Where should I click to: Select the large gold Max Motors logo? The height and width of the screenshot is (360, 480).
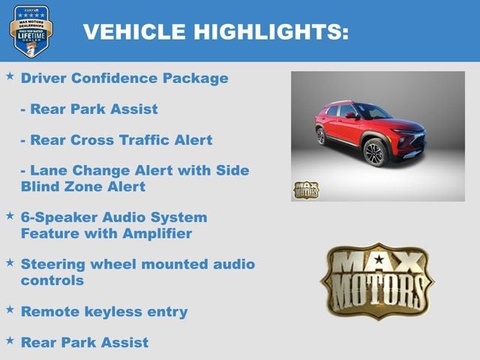point(377,280)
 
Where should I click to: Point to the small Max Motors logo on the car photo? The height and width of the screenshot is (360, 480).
point(305,189)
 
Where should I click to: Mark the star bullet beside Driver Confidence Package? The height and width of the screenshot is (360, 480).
point(10,76)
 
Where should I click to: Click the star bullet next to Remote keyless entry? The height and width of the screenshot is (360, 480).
point(10,309)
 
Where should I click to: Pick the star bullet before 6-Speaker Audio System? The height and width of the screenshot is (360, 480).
point(10,215)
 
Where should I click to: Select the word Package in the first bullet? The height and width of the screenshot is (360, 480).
point(196,78)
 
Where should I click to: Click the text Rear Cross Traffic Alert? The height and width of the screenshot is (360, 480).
point(116,139)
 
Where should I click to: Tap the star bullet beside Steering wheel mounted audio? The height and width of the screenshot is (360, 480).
point(10,262)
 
